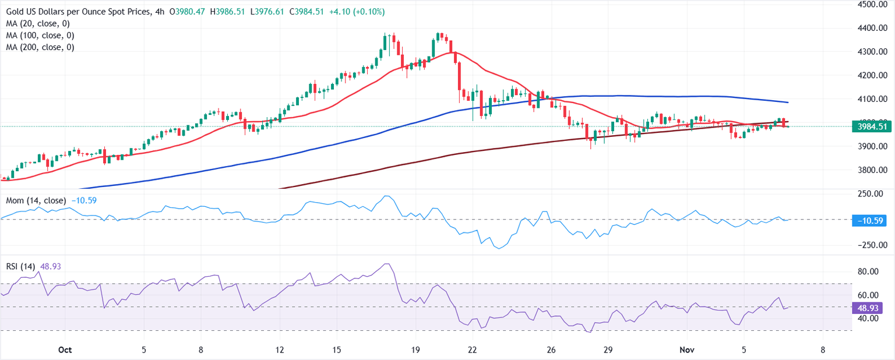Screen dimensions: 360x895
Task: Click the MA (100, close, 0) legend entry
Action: (x=40, y=36)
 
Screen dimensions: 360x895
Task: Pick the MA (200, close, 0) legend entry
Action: (x=40, y=47)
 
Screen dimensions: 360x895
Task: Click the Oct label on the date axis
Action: (x=65, y=350)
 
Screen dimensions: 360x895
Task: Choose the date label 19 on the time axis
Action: (x=415, y=350)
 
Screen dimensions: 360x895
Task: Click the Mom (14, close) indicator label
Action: (x=36, y=200)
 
